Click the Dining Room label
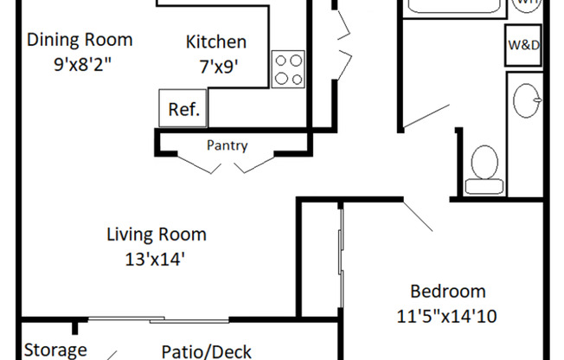coord(80,40)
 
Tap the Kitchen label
coord(216,42)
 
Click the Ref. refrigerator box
coord(183,109)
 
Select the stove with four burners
coord(289,69)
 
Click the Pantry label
coord(227,145)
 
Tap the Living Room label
coord(157,234)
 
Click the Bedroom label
coord(447,292)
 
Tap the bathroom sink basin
coord(527,101)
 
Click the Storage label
coord(55,350)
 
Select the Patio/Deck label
coord(213,350)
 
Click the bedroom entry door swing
coord(420,216)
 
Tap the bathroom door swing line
coord(425,118)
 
